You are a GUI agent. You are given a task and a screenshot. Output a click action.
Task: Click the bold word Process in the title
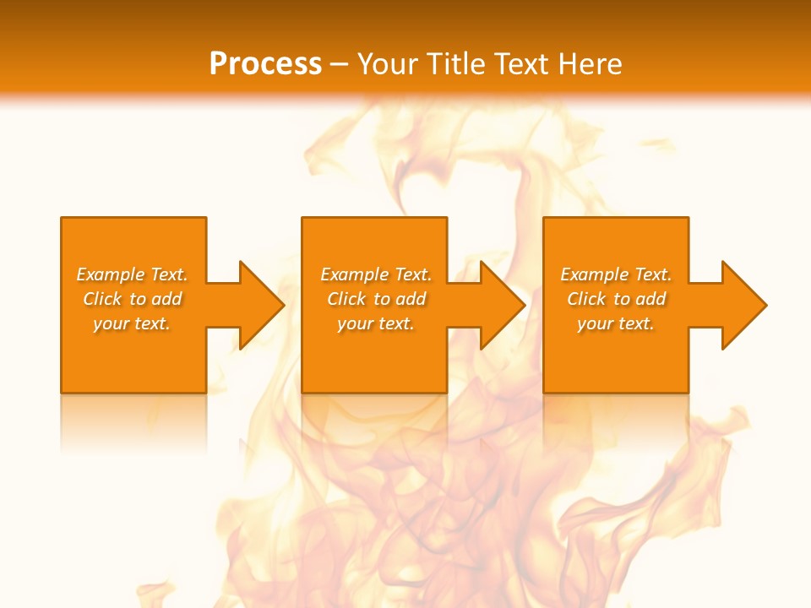point(265,63)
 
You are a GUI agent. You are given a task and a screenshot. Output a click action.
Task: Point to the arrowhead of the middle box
point(501,305)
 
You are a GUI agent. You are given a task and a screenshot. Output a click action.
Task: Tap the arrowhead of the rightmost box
point(742,305)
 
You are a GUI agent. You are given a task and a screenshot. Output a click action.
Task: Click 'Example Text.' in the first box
point(133,274)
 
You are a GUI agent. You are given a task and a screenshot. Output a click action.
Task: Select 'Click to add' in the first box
point(133,299)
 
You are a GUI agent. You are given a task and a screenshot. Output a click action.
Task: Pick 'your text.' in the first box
point(133,323)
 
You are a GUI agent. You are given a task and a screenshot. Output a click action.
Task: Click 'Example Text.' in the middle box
point(376,274)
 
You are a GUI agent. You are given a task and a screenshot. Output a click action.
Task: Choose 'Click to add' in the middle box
point(376,299)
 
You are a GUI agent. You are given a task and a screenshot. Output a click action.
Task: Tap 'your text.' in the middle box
point(376,323)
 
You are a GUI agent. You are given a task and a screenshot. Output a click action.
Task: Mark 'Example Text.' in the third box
point(616,274)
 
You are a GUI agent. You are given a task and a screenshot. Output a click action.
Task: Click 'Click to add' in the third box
point(616,299)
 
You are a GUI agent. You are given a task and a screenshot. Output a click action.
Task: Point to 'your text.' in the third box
point(616,323)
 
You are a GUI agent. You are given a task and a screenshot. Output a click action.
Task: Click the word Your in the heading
point(388,63)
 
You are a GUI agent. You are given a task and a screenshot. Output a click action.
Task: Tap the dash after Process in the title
point(339,64)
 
